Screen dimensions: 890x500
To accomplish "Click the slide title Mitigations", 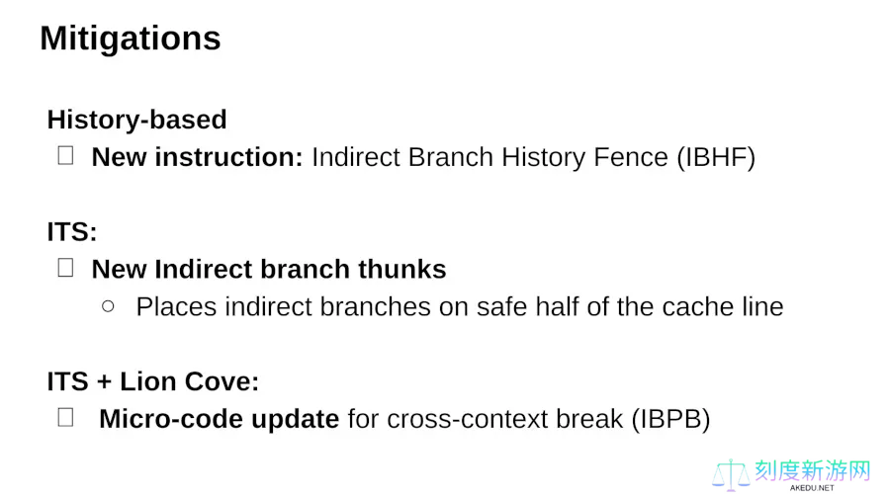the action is (x=130, y=39).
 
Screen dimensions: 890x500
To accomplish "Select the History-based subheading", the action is (x=136, y=120).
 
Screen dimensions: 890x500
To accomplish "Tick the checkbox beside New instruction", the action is (x=66, y=155).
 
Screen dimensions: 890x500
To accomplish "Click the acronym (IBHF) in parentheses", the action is (x=716, y=157).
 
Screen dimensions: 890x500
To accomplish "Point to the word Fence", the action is (x=631, y=157).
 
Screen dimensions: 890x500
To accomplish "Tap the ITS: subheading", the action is (x=72, y=232).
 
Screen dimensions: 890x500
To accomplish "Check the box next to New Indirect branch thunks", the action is (x=66, y=268).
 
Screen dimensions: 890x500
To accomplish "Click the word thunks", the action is (x=401, y=270).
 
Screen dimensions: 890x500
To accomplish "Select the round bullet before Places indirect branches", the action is (x=108, y=306).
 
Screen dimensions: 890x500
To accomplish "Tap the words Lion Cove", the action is (x=190, y=381).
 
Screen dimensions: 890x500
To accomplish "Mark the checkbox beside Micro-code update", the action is (x=66, y=417).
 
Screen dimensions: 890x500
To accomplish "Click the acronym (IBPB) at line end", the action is (x=670, y=420).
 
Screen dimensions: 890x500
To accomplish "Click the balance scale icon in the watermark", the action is (x=731, y=475).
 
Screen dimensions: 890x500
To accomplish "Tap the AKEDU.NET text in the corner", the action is (x=812, y=487).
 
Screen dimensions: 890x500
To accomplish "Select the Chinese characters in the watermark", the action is (x=812, y=470).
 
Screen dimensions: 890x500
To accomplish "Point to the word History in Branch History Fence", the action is (x=543, y=157).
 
